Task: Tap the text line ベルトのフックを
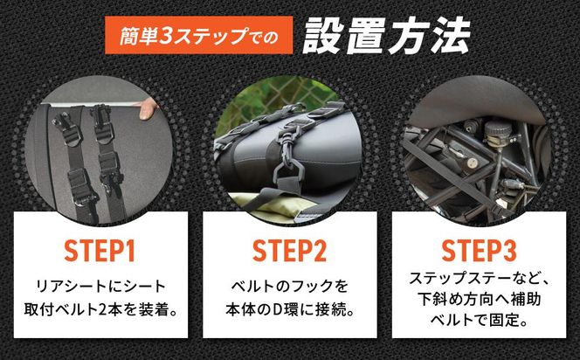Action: [289, 287]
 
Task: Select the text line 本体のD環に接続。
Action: [289, 309]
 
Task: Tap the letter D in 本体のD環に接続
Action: [276, 310]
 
